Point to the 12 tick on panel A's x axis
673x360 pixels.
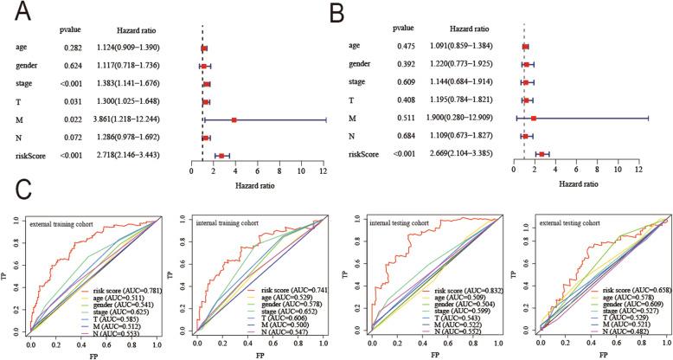(x=323, y=171)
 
